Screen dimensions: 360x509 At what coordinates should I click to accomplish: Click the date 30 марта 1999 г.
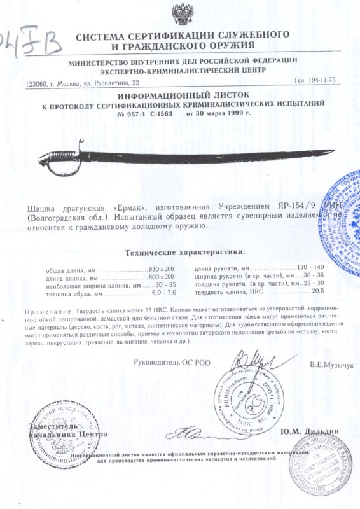click(218, 113)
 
